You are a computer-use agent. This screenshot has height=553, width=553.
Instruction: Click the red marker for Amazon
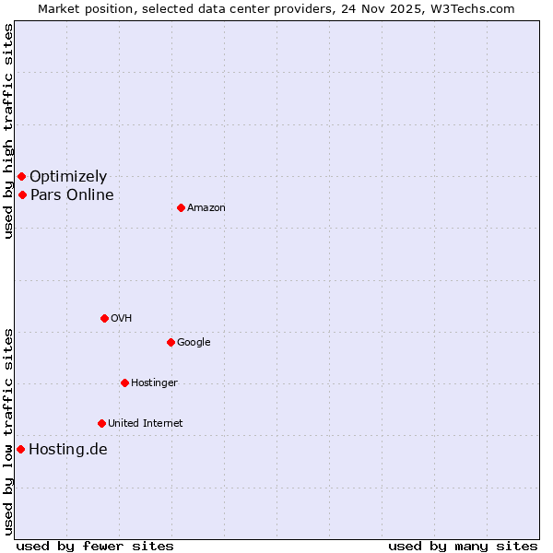(x=181, y=207)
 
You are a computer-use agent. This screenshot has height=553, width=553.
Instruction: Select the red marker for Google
(x=171, y=342)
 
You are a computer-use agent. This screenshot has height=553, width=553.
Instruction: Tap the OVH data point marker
(x=104, y=318)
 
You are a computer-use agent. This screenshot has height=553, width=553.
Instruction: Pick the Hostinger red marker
(x=124, y=382)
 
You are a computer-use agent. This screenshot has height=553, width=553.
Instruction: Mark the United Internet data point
(x=101, y=423)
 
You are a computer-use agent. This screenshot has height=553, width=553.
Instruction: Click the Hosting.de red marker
(x=20, y=449)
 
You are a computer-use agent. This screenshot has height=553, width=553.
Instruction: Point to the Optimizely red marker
(x=21, y=176)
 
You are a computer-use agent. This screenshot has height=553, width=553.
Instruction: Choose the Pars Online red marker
(x=22, y=194)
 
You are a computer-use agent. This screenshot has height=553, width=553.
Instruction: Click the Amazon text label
(x=206, y=208)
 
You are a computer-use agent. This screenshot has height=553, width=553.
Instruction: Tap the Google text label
(x=194, y=343)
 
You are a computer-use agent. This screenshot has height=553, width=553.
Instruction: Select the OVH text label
(x=121, y=319)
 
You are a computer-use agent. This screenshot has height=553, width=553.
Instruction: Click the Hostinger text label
(x=154, y=383)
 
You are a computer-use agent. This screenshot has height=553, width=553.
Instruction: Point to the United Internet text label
(x=145, y=424)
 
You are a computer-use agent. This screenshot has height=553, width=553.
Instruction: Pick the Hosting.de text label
(x=68, y=450)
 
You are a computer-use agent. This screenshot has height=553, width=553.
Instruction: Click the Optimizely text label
(x=68, y=177)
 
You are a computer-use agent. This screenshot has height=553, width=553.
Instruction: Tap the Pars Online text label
(x=72, y=195)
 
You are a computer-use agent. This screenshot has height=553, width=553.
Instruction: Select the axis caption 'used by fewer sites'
(x=95, y=546)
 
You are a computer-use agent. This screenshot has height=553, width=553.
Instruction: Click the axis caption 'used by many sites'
(x=463, y=546)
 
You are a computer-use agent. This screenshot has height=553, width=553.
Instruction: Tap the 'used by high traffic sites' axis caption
(x=8, y=131)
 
